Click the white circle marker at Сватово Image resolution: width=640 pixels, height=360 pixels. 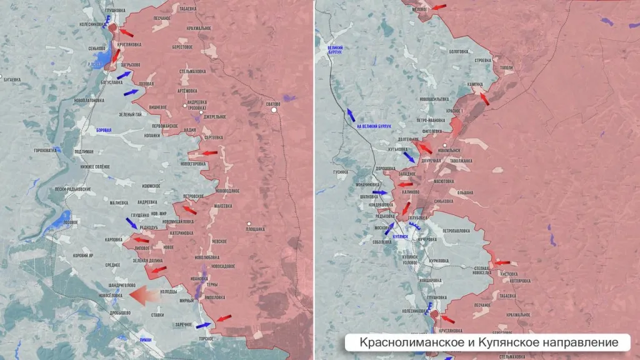[x=274, y=110]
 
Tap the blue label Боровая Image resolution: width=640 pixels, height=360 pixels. [x=104, y=131]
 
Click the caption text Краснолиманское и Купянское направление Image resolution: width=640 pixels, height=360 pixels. [x=489, y=342]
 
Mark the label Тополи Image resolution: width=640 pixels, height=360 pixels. [x=506, y=67]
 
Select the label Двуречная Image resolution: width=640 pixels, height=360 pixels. [x=431, y=161]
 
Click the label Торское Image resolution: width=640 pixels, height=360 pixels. [x=206, y=338]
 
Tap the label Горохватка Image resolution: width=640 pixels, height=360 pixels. [x=45, y=150]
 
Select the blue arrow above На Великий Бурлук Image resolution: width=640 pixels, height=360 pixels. [x=351, y=114]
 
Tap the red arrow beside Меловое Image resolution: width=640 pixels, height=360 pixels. [x=439, y=7]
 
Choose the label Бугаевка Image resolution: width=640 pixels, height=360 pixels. [x=12, y=79]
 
